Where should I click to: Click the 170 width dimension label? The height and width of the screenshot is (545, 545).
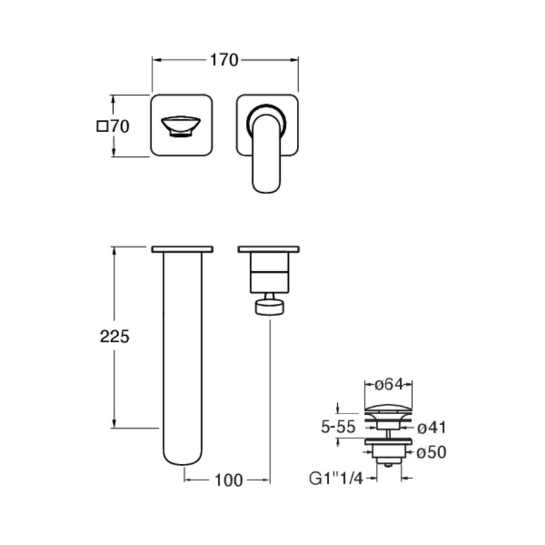(224, 60)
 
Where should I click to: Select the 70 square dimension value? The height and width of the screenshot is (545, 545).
(120, 127)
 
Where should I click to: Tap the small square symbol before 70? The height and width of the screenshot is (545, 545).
(102, 126)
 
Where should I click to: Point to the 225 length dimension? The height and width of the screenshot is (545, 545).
(114, 337)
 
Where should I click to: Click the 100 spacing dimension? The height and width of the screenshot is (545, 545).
(229, 481)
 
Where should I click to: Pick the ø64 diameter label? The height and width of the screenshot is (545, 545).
(389, 384)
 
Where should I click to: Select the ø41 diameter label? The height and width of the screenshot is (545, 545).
(431, 428)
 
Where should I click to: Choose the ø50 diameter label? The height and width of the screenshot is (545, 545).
(431, 452)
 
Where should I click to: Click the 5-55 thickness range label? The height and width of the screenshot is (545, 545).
(338, 427)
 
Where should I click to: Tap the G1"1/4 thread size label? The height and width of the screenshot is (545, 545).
(336, 479)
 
